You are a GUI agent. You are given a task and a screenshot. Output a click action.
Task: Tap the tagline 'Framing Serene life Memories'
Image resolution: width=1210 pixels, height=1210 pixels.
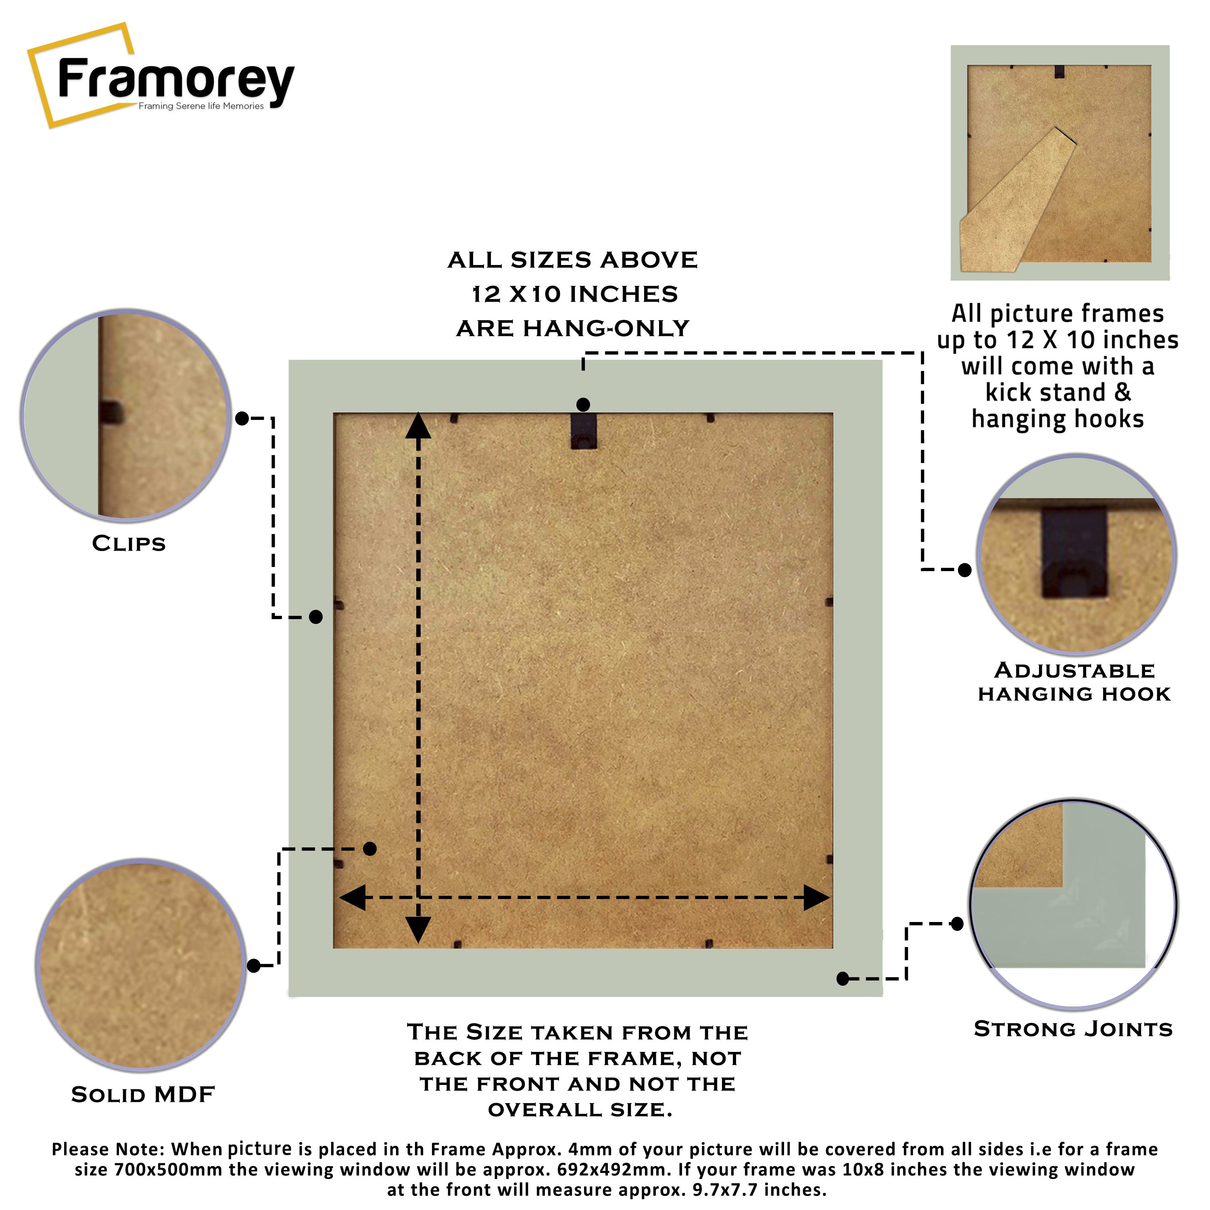[x=201, y=106]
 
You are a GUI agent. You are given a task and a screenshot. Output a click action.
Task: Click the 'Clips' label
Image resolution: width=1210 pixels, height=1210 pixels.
[x=129, y=544]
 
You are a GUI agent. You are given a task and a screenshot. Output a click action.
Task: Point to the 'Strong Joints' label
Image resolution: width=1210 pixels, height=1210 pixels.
[x=1073, y=1029]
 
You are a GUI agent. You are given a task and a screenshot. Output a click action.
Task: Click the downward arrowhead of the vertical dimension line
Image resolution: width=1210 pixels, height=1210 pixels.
[x=418, y=929]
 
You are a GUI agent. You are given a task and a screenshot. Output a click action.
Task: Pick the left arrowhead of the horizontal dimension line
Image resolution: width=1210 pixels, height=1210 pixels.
[x=353, y=897]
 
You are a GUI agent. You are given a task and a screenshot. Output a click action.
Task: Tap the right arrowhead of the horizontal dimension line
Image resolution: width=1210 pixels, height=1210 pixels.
[x=816, y=897]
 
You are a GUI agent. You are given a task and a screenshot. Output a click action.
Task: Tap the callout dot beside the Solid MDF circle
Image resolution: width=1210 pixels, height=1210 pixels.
[x=254, y=966]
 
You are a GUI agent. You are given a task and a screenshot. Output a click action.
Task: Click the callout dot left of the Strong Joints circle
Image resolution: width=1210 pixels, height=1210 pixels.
[x=957, y=923]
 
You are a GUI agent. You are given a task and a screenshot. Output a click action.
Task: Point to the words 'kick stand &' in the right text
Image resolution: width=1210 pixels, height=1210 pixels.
[x=1058, y=393]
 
